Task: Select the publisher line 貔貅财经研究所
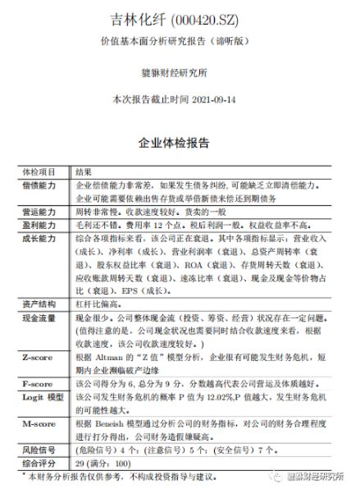180,71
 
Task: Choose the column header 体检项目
39,172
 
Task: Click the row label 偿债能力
39,186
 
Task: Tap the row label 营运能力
39,211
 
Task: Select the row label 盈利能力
39,223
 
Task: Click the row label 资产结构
39,304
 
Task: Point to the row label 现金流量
39,316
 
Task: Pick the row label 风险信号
39,450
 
